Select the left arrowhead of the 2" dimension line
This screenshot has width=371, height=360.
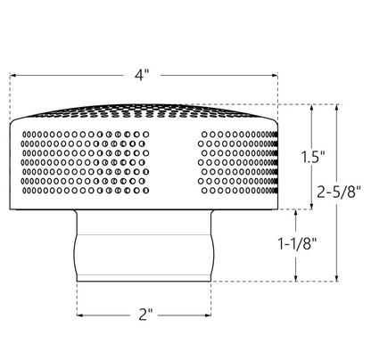[x=80, y=315]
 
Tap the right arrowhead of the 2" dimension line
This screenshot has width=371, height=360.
[x=210, y=315]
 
